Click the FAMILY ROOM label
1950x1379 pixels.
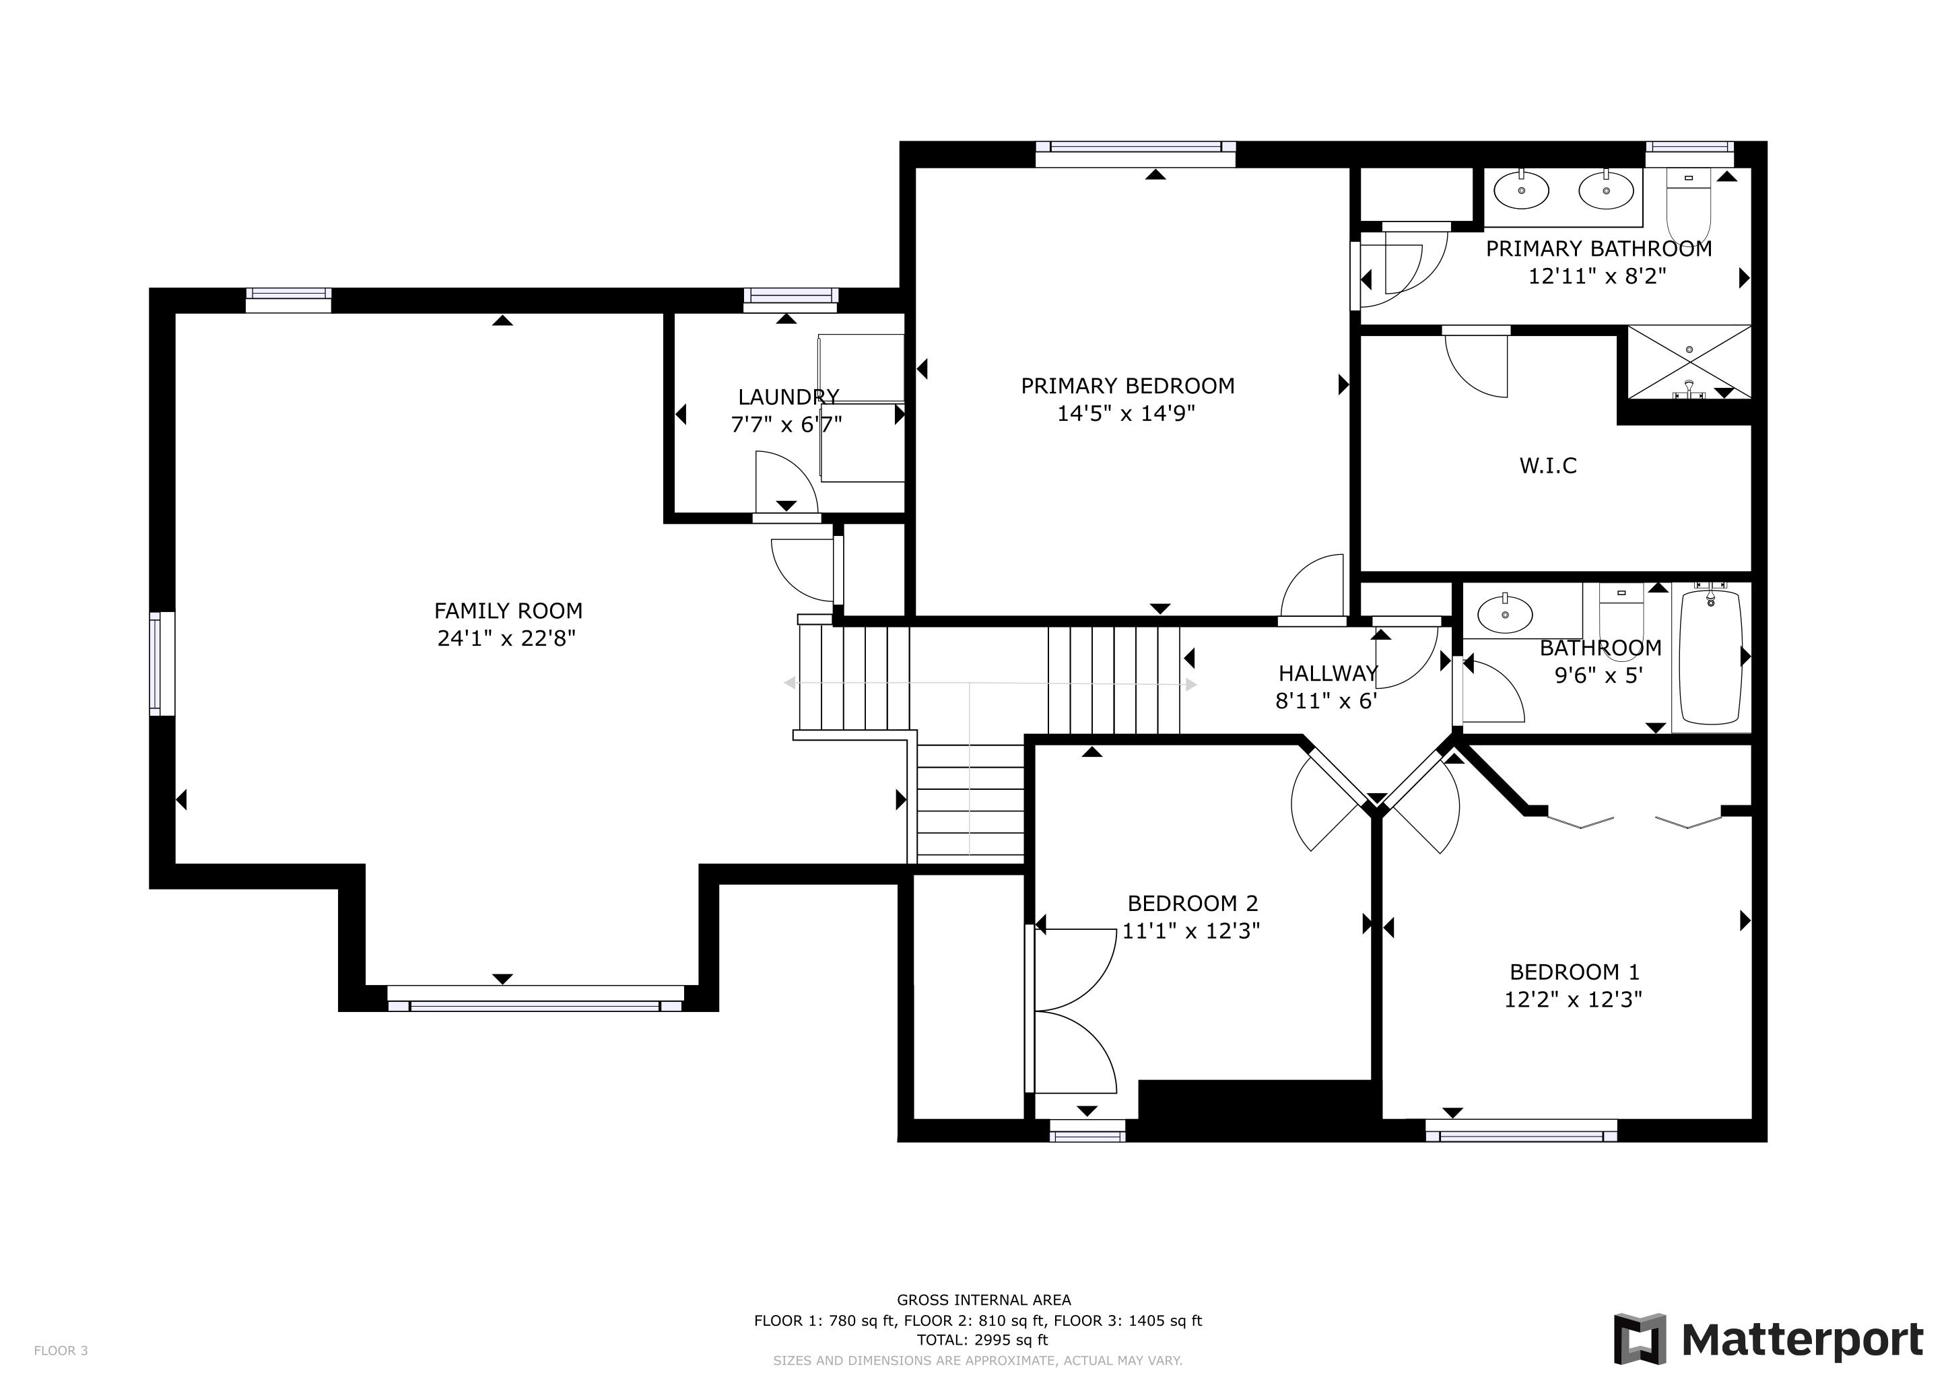508,611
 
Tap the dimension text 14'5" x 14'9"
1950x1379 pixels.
1127,413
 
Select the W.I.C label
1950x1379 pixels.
1548,465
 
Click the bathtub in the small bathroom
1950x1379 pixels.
1712,657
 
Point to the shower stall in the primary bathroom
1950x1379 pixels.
1689,362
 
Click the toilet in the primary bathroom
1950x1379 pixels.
1689,205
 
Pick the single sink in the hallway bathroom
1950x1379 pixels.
1505,612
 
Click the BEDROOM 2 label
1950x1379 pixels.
1192,903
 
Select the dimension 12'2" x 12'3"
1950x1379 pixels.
1573,999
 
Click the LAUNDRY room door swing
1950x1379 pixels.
786,482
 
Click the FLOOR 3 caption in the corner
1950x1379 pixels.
61,1350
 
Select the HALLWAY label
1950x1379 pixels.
1329,673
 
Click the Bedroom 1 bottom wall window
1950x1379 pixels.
1521,1131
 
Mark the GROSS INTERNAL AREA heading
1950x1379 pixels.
984,1299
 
